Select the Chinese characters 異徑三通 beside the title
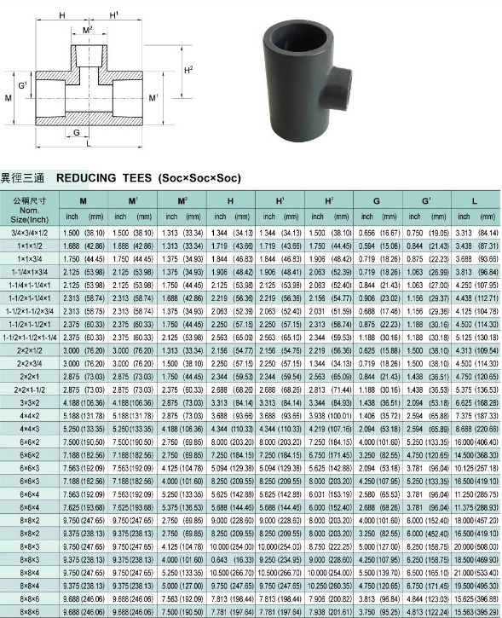[23, 178]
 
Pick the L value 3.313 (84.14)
[474, 232]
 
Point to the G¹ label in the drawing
[23, 86]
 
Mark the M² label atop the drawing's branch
[87, 30]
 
